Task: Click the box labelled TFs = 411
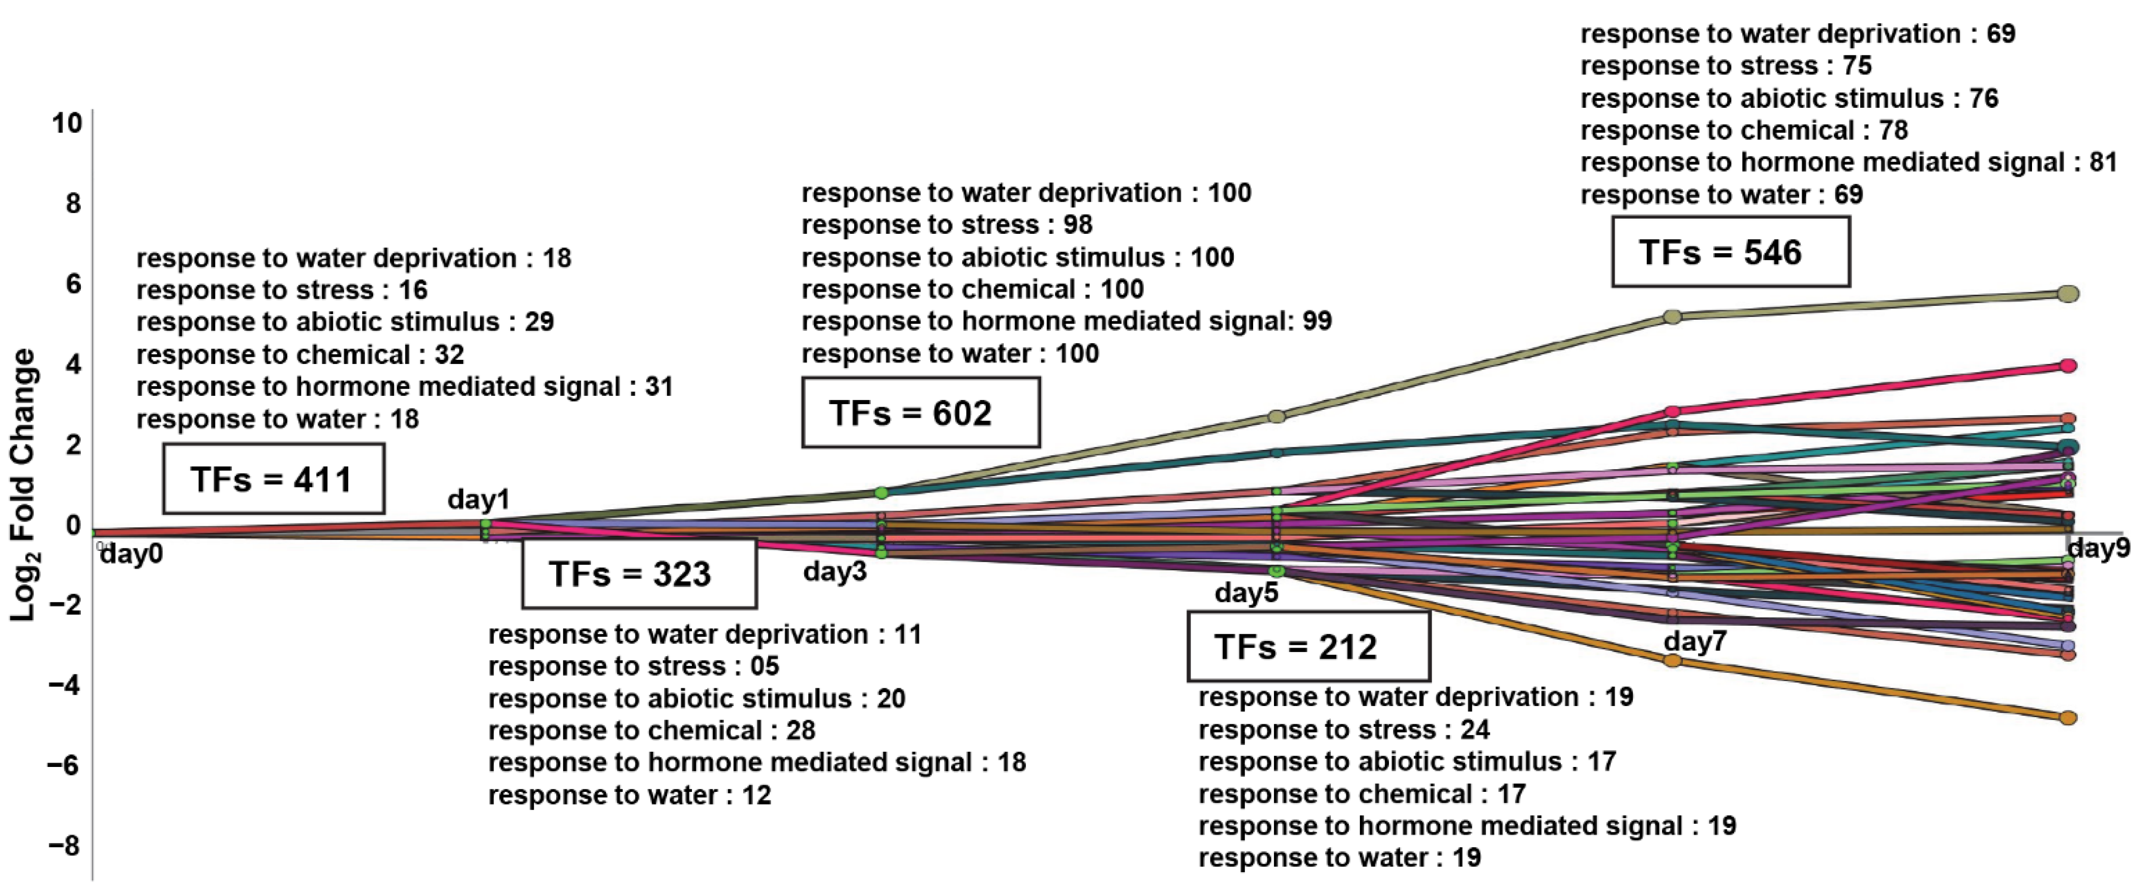[273, 479]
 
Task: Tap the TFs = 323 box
[639, 574]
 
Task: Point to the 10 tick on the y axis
[67, 124]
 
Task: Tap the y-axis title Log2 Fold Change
[23, 484]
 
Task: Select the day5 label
[1247, 593]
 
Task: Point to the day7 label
[1695, 641]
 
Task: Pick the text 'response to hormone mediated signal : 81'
[1848, 162]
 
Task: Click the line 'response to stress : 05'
[633, 666]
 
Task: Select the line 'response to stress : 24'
[1343, 729]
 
